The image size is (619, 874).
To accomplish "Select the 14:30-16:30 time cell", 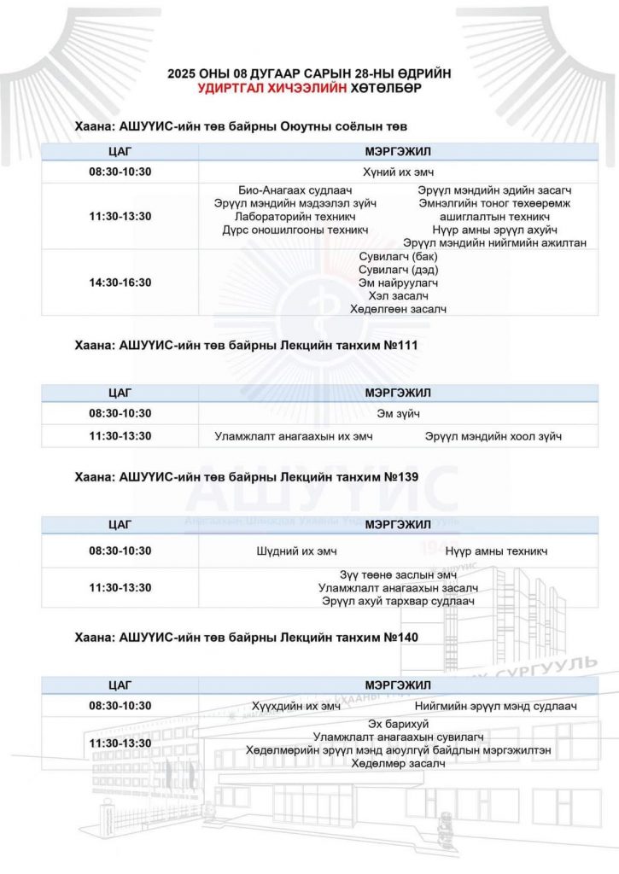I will (x=120, y=283).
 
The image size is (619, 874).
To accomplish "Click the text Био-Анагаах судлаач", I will (x=295, y=190).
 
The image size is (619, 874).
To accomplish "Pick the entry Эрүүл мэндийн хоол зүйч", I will (x=494, y=437).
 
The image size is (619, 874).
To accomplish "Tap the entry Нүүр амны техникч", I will (x=496, y=551).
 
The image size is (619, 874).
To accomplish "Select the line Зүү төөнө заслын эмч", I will (x=398, y=574).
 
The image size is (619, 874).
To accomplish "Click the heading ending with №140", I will (x=246, y=637).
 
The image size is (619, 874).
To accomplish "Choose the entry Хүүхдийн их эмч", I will (x=296, y=706).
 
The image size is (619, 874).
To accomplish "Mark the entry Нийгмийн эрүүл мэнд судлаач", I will (x=496, y=706).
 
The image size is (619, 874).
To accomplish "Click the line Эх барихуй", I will (x=398, y=724).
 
